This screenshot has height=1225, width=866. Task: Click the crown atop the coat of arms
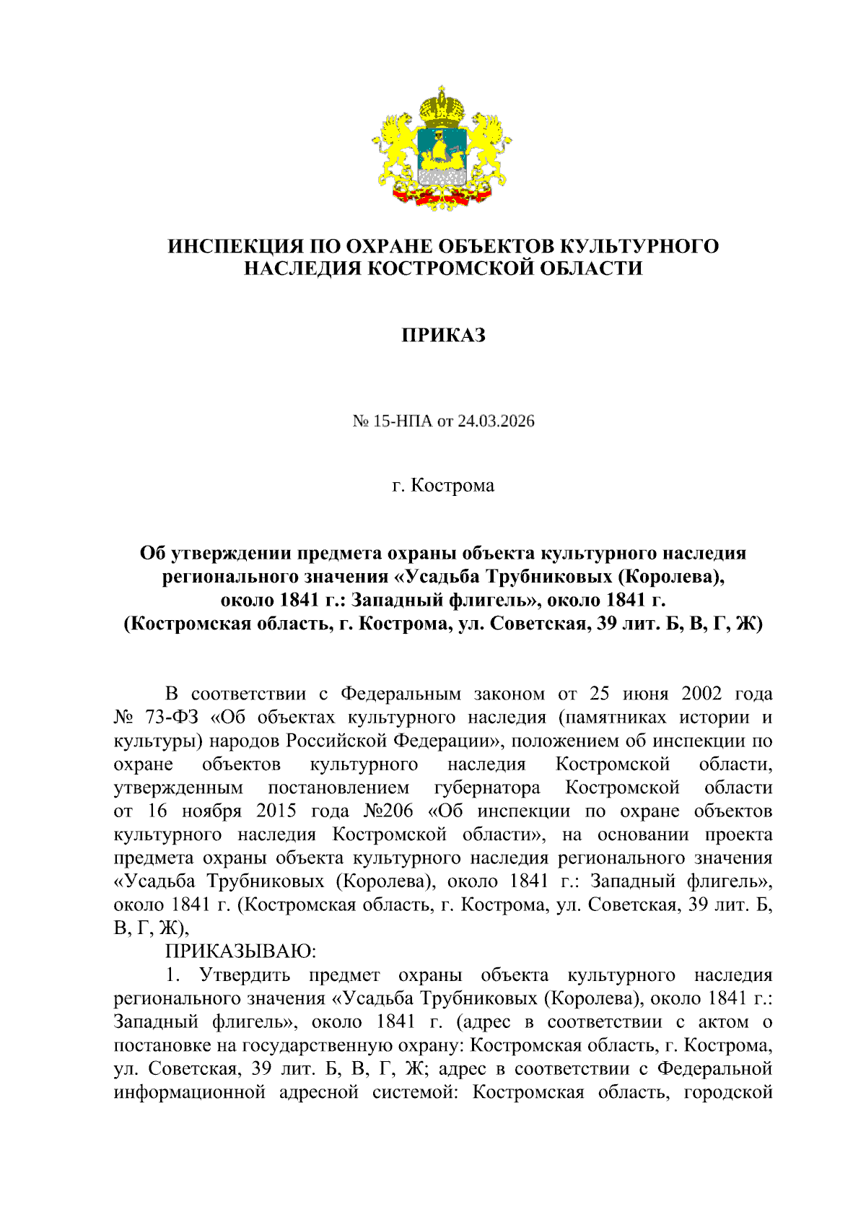(x=441, y=106)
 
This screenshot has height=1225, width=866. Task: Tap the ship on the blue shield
(x=440, y=152)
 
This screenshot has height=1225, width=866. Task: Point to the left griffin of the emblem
(x=395, y=148)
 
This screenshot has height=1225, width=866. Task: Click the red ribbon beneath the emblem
(x=441, y=194)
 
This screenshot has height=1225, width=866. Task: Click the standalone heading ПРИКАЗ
(x=443, y=336)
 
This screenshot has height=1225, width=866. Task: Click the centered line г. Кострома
(x=443, y=485)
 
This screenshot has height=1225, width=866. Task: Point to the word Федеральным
(x=401, y=694)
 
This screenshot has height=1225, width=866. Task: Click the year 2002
(x=701, y=694)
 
